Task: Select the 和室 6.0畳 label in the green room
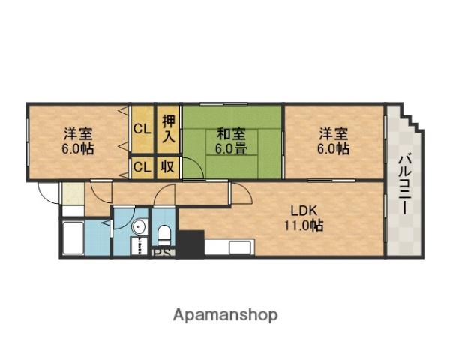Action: point(231,141)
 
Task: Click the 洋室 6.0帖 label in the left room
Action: point(78,141)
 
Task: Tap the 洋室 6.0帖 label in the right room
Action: point(334,141)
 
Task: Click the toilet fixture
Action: point(165,234)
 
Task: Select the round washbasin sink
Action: point(138,226)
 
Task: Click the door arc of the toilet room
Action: point(163,199)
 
